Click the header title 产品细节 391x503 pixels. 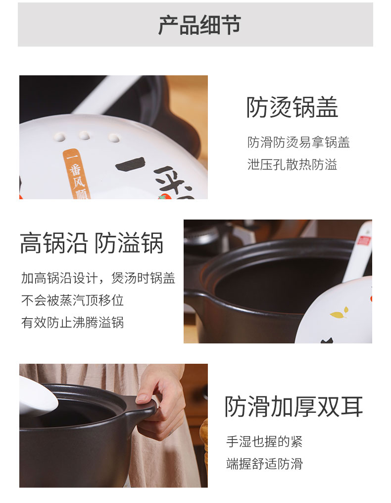pyautogui.click(x=199, y=25)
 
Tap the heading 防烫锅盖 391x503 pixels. pyautogui.click(x=292, y=107)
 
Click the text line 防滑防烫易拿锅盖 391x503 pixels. pyautogui.click(x=298, y=142)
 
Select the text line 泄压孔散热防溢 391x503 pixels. pyautogui.click(x=292, y=165)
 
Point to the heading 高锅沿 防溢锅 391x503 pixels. pyautogui.click(x=92, y=243)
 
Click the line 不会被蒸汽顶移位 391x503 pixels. pyautogui.click(x=72, y=300)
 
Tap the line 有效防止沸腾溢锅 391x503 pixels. pyautogui.click(x=72, y=323)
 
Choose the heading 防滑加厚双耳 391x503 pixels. pyautogui.click(x=293, y=406)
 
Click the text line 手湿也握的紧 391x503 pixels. pyautogui.click(x=264, y=442)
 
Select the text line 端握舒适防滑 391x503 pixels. pyautogui.click(x=264, y=464)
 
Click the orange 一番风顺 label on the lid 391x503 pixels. pyautogui.click(x=77, y=174)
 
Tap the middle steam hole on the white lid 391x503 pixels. pyautogui.click(x=85, y=135)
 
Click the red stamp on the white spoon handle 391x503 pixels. pyautogui.click(x=364, y=240)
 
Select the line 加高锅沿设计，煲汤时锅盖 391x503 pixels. pyautogui.click(x=98, y=278)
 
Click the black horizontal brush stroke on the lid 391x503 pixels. pyautogui.click(x=130, y=164)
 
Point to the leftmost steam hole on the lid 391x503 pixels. pyautogui.click(x=59, y=137)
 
